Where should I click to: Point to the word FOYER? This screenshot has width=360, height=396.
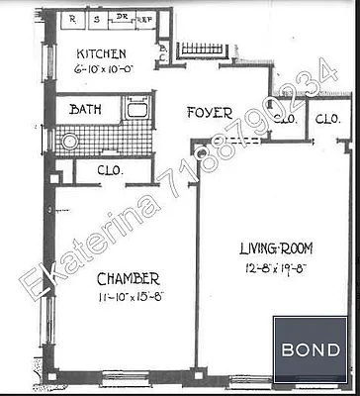pyautogui.click(x=209, y=114)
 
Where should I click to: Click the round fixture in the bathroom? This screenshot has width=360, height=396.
pyautogui.click(x=71, y=141)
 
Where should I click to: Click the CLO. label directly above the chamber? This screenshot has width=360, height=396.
pyautogui.click(x=111, y=169)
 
